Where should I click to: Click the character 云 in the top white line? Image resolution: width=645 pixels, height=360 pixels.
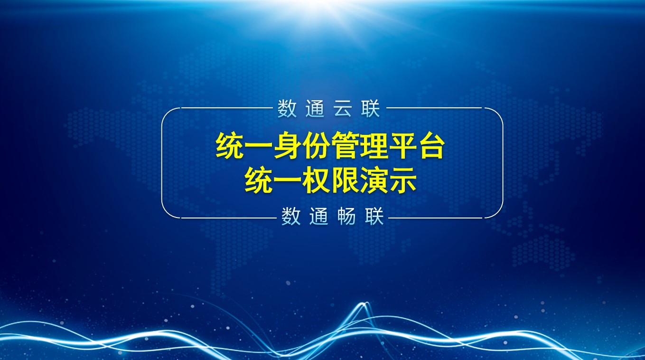click(x=343, y=108)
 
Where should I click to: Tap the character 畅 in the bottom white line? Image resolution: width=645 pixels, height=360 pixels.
click(x=346, y=216)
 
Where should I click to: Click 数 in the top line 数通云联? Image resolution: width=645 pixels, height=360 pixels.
click(x=287, y=108)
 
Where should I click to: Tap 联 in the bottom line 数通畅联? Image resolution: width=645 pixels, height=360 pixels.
click(x=374, y=216)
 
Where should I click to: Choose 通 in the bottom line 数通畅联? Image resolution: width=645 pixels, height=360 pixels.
click(x=319, y=216)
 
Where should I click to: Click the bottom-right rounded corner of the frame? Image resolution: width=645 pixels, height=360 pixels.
click(x=498, y=213)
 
